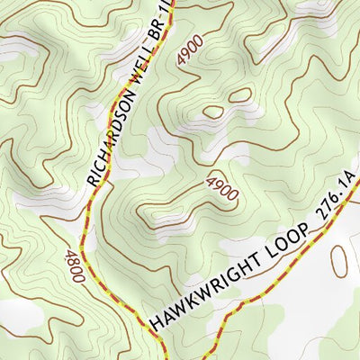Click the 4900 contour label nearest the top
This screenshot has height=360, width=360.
coord(190,51)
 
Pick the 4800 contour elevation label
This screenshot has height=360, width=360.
coord(74,267)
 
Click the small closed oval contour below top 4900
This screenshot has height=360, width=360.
coord(213,112)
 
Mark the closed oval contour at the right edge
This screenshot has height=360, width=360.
coord(339,262)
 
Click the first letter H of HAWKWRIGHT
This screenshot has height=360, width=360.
coord(157,320)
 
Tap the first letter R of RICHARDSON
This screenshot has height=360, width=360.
coord(93,179)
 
